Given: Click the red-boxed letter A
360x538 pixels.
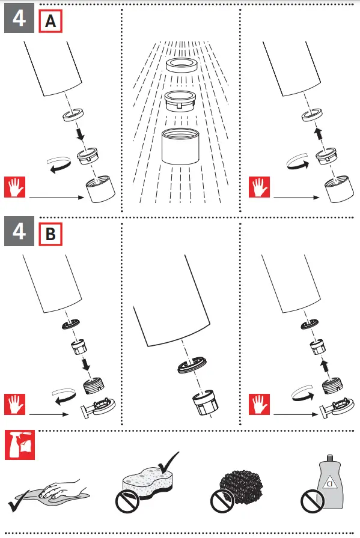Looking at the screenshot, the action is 50,21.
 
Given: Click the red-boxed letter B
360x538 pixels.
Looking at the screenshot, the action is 50,234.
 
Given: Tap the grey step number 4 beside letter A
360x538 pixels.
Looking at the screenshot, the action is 19,18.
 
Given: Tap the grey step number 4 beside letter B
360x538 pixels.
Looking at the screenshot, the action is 19,231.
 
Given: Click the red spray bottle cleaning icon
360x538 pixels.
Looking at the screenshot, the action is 20,445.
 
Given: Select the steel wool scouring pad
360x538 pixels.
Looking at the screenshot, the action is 241,487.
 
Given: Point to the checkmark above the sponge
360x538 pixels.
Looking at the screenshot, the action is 168,463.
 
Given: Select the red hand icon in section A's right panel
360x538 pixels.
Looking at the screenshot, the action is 260,187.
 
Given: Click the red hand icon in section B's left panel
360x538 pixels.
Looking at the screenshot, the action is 15,404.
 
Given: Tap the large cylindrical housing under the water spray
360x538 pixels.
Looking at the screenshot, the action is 180,146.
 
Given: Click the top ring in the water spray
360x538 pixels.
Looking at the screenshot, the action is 182,65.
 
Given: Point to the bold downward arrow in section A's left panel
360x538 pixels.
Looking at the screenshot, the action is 80,134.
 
